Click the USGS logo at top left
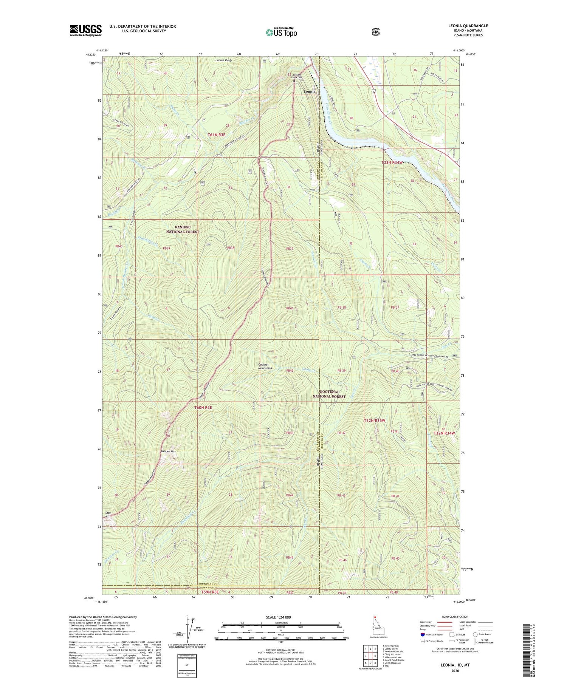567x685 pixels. click(85, 30)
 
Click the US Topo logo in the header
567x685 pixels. click(281, 32)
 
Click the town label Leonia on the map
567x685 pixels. click(310, 92)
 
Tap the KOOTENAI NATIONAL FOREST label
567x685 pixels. click(328, 394)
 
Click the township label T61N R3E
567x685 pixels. click(217, 135)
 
